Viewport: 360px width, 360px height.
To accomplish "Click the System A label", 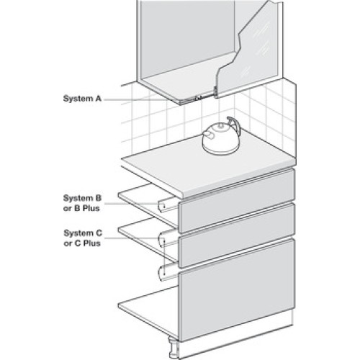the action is point(82,99).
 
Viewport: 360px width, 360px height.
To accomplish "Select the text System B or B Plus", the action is point(82,203).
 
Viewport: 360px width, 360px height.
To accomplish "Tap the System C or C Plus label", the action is point(83,238).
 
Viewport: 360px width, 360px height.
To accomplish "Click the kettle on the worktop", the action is point(221,136).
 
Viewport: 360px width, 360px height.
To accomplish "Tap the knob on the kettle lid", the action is point(219,126).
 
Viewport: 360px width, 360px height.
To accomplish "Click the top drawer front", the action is point(237,199).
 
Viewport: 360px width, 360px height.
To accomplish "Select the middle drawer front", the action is point(237,235).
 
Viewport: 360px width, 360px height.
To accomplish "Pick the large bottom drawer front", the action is point(237,289).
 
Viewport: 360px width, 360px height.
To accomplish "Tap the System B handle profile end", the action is point(163,206).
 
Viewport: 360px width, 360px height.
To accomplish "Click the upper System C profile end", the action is point(163,240).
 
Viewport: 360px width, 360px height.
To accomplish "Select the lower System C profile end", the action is point(163,274).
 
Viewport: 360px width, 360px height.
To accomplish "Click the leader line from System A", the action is point(142,99).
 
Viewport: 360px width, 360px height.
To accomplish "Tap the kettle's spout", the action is point(208,135).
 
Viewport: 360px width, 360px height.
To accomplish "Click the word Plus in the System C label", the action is point(91,243).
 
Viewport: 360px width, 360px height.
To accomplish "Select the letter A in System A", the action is point(99,99).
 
